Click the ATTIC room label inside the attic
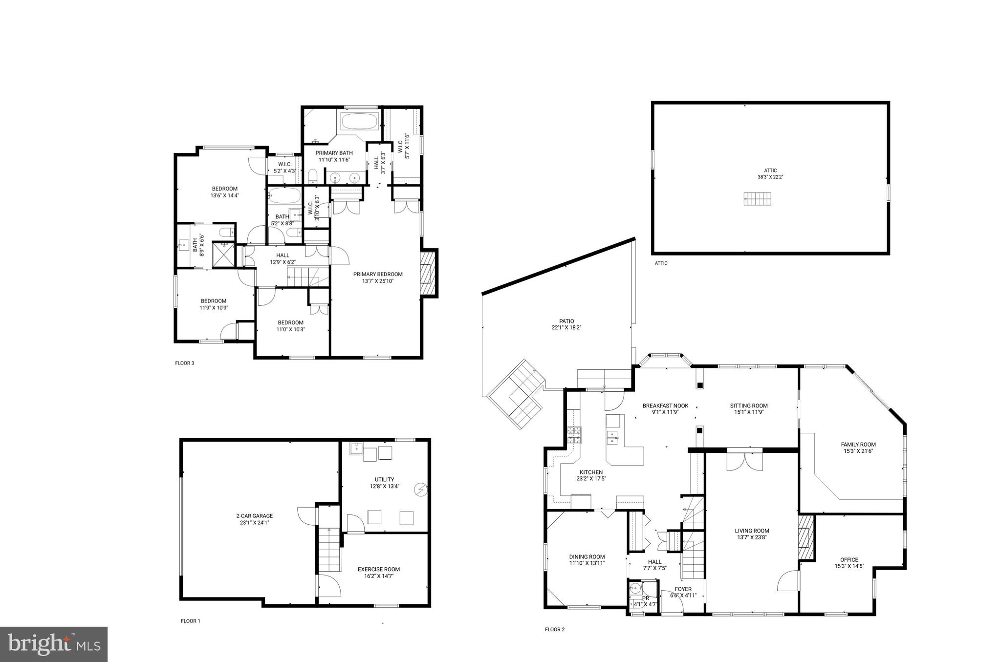point(770,171)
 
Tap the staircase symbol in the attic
point(758,199)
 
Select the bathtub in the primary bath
point(359,122)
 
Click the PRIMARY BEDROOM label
point(378,274)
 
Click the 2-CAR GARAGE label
point(254,516)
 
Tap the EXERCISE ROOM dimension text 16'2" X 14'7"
point(379,576)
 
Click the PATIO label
point(566,321)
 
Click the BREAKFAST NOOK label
point(665,406)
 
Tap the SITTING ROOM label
point(749,406)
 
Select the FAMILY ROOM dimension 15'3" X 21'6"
point(858,451)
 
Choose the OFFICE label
point(849,560)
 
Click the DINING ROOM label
point(587,556)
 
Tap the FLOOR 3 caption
point(185,363)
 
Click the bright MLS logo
point(54,644)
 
